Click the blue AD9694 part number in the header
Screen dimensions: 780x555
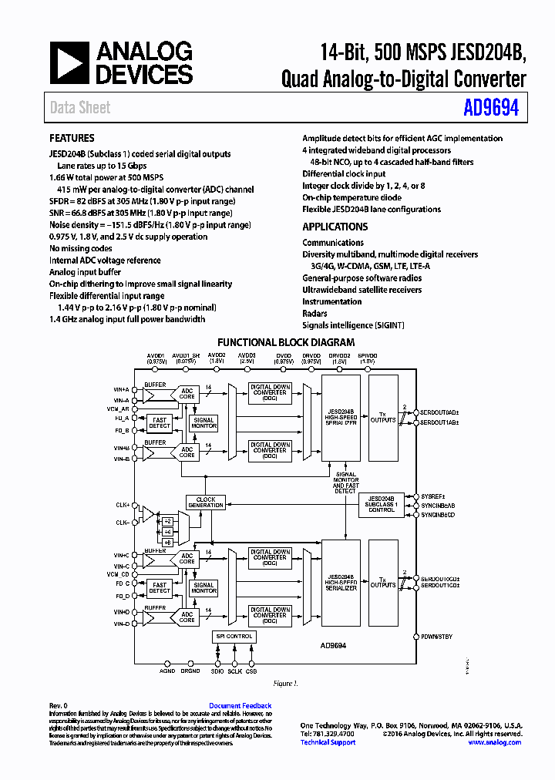(491, 108)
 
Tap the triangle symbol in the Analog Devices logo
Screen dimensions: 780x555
(69, 62)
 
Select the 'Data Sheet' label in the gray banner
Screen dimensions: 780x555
(80, 108)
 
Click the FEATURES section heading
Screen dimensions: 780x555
(72, 139)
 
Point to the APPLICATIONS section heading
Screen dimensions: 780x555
(335, 227)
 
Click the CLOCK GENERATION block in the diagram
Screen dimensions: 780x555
(206, 502)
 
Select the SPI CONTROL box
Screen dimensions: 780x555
(234, 636)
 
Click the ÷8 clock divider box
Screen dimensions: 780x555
(167, 542)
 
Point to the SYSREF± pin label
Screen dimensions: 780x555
(434, 496)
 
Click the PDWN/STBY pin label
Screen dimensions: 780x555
(437, 637)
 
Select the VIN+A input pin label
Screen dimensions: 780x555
(121, 390)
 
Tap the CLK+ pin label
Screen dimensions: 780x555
(123, 505)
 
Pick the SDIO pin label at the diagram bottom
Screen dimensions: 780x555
(217, 671)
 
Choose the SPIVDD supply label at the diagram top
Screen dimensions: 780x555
(367, 358)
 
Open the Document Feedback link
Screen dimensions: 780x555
(240, 706)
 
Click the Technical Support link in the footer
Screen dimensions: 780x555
(328, 742)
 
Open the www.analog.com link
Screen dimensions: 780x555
(495, 742)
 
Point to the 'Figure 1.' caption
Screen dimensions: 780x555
(285, 684)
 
